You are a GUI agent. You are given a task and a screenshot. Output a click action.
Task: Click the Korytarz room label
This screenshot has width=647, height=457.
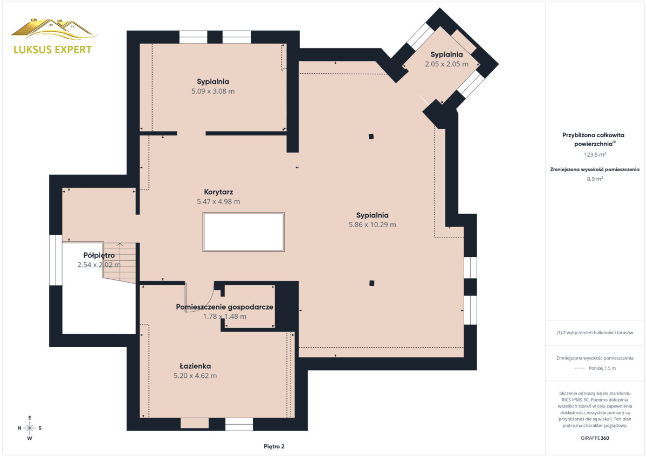click(x=218, y=192)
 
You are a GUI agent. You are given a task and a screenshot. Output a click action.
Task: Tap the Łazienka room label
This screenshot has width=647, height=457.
click(x=195, y=366)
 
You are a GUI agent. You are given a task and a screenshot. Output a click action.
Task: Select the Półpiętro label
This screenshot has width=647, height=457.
click(x=99, y=256)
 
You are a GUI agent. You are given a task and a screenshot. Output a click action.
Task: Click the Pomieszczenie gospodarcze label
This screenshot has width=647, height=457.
click(x=224, y=307)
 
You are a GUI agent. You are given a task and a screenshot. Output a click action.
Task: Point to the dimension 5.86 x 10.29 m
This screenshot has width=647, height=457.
click(x=373, y=224)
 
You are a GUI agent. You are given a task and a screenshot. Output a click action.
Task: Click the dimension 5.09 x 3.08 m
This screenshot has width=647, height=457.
click(x=213, y=92)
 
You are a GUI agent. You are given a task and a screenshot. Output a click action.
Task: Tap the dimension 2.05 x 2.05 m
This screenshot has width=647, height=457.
click(x=446, y=64)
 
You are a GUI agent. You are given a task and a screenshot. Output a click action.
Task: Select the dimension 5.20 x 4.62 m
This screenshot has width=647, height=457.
click(x=195, y=376)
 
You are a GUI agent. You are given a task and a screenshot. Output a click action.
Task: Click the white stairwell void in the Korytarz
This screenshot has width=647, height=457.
click(x=244, y=232)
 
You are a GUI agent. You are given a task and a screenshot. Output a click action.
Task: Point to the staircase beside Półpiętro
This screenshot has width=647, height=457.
click(x=120, y=262)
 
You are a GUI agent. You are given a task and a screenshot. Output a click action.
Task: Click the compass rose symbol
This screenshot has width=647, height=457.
click(x=30, y=428)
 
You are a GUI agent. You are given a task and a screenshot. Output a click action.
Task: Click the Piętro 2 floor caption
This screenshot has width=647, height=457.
click(x=274, y=447)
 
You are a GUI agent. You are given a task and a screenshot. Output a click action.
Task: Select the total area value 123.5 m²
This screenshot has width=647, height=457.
click(x=595, y=154)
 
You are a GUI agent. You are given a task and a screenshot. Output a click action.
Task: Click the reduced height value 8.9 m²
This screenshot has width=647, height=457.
click(x=595, y=179)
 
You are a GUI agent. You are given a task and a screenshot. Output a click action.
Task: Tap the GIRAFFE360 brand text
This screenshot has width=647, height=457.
click(x=595, y=438)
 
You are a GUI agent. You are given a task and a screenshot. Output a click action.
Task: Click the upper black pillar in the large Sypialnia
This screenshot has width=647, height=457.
click(x=371, y=137)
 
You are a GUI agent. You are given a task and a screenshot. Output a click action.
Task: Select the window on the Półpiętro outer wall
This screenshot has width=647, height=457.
click(x=56, y=260)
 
